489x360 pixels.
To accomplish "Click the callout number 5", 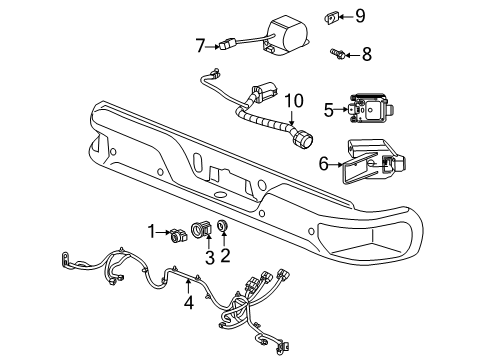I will (327, 109).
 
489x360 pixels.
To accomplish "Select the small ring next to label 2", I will (223, 236).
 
